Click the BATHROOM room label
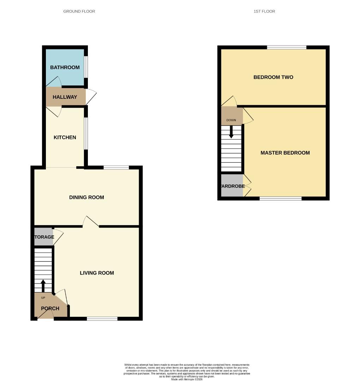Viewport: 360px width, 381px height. coord(65,67)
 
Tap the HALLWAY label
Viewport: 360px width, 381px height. coord(65,97)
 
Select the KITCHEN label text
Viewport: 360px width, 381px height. coord(65,137)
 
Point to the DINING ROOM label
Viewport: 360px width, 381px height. coord(86,197)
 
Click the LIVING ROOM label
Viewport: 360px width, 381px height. coord(97,273)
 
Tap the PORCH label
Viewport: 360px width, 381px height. coord(50,308)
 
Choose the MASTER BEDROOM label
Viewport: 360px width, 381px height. coord(285,153)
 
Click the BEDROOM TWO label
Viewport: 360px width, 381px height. coord(273,77)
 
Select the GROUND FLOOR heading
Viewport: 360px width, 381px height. coord(79,11)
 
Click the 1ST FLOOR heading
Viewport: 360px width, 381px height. coord(264,11)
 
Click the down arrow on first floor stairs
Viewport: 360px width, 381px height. coord(231,132)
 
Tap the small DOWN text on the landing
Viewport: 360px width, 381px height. coord(231,120)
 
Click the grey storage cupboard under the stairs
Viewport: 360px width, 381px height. coord(43,237)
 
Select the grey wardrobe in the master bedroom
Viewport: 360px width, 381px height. coord(232,186)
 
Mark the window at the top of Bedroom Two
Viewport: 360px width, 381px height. coord(286,47)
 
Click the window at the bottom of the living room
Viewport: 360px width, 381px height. coord(102,319)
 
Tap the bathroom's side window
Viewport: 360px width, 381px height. coord(86,67)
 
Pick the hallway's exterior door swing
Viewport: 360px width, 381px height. coord(91,97)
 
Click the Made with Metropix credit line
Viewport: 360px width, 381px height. coord(187,379)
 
